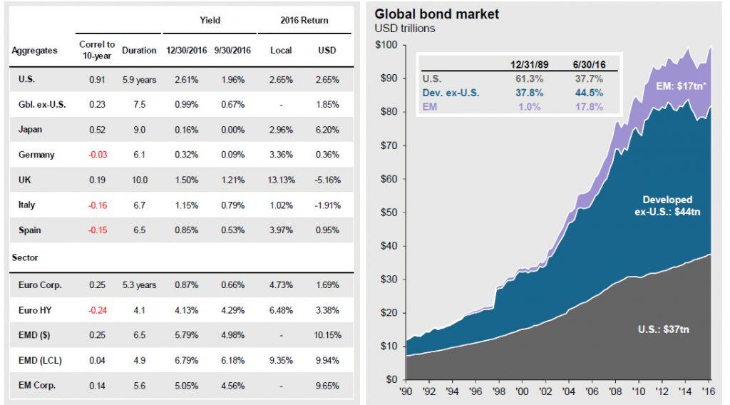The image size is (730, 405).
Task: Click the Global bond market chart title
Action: point(437,14)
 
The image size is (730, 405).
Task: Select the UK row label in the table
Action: point(26,179)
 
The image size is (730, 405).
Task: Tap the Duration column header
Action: point(138,51)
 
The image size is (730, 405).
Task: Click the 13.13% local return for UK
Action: point(282,179)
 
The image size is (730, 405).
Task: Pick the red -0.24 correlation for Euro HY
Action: point(97,310)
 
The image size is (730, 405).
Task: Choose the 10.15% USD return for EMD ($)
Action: point(328,335)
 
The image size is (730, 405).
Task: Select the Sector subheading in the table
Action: point(25,257)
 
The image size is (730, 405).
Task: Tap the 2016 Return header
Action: point(304,20)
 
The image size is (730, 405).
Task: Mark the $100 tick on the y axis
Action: point(386,45)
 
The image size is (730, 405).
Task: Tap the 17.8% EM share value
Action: point(588,107)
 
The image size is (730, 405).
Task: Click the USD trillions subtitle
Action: point(404,29)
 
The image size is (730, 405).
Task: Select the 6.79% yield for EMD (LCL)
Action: point(182,360)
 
